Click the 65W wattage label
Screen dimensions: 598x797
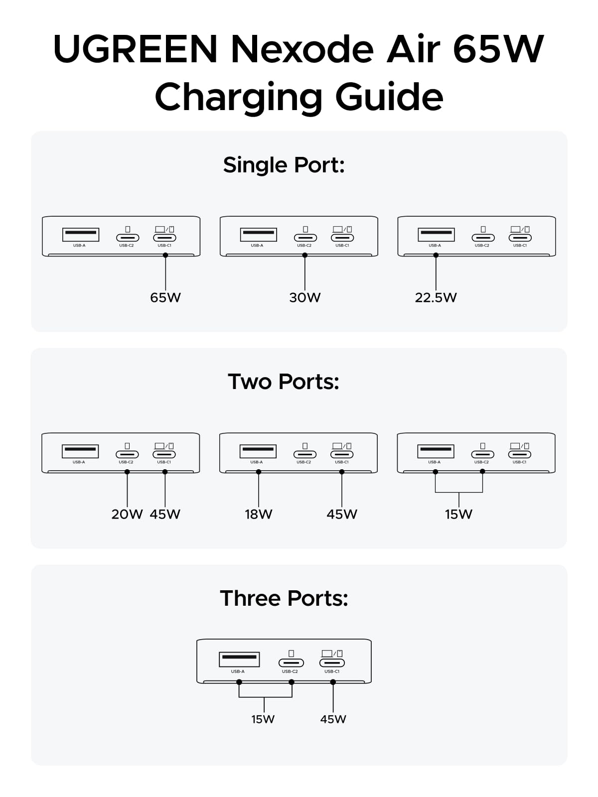coord(165,297)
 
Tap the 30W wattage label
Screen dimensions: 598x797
coord(304,297)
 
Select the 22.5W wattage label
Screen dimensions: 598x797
coord(436,297)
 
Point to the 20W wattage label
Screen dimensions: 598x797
coord(127,514)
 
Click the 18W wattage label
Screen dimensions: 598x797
coord(259,514)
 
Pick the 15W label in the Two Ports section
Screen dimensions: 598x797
coord(458,514)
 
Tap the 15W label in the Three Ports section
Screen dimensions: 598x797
coord(263,719)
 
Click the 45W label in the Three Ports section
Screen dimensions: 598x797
coord(333,719)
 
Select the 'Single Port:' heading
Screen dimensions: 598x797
coord(284,165)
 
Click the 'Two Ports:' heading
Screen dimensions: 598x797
coord(284,382)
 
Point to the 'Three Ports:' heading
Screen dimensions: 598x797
coord(284,598)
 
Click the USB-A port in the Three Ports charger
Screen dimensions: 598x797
coord(239,660)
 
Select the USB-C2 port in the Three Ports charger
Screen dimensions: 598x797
coord(291,663)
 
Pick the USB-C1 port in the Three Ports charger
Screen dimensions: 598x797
coord(332,663)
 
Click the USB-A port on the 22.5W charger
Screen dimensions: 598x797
coord(436,235)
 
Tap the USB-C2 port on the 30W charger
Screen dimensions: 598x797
coord(305,238)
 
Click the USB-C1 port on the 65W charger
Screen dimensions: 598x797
coord(164,238)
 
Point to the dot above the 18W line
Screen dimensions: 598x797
coord(259,472)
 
